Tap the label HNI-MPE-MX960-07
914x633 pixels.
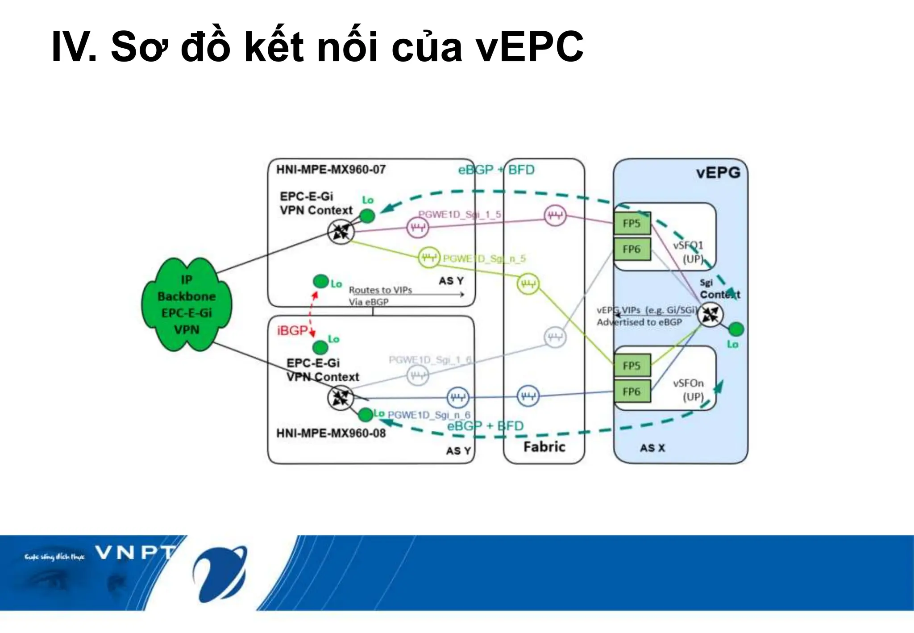pyautogui.click(x=331, y=170)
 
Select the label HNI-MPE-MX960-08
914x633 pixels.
pyautogui.click(x=331, y=433)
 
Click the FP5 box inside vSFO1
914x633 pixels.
pyautogui.click(x=632, y=223)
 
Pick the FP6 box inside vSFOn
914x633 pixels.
pyautogui.click(x=632, y=391)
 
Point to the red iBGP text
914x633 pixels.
pyautogui.click(x=292, y=331)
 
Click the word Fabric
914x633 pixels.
pyautogui.click(x=544, y=447)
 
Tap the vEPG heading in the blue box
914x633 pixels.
pyautogui.click(x=718, y=173)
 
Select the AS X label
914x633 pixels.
pyautogui.click(x=652, y=448)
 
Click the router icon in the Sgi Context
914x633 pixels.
pyautogui.click(x=710, y=314)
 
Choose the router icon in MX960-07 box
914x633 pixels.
pyautogui.click(x=341, y=232)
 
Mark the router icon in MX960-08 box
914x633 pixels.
pyautogui.click(x=341, y=398)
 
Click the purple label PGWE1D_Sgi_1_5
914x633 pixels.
pyautogui.click(x=459, y=215)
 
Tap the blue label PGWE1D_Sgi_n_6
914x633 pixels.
pyautogui.click(x=428, y=415)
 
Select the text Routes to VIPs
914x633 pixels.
pyautogui.click(x=380, y=290)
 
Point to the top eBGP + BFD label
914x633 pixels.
pyautogui.click(x=496, y=170)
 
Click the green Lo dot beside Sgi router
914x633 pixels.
pyautogui.click(x=736, y=329)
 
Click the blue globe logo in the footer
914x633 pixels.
pyautogui.click(x=220, y=573)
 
